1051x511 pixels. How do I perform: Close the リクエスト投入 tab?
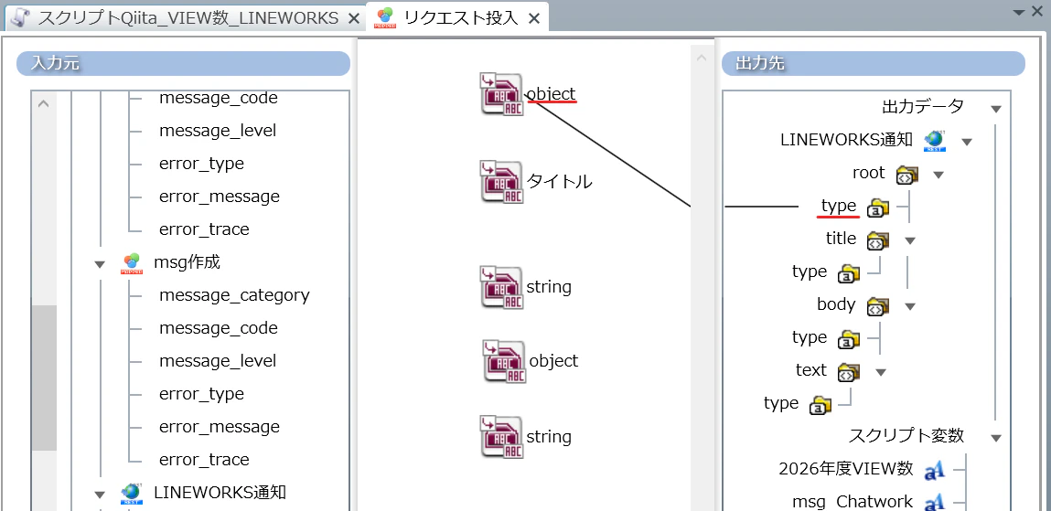[534, 19]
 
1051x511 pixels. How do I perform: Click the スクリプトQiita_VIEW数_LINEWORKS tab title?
[188, 19]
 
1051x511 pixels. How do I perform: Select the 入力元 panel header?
[183, 64]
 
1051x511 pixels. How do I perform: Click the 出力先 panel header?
[873, 64]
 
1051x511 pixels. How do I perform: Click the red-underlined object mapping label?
[552, 94]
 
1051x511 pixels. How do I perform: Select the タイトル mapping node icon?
[501, 182]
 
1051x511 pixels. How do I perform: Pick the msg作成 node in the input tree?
[187, 261]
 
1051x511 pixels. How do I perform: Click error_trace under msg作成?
[204, 460]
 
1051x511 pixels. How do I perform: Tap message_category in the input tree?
[234, 294]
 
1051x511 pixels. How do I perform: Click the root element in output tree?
[869, 173]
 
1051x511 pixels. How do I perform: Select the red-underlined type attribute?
[839, 207]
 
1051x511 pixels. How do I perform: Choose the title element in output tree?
[841, 239]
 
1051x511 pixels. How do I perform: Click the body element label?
[836, 304]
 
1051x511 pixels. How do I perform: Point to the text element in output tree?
[811, 369]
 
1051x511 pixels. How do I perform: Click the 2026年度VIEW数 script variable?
[846, 469]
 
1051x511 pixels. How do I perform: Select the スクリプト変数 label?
[906, 435]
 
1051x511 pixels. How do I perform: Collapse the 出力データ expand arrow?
[996, 109]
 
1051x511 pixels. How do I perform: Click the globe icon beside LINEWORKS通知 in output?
[934, 140]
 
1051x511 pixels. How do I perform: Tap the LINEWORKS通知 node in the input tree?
[220, 492]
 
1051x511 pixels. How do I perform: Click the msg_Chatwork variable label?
[853, 502]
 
